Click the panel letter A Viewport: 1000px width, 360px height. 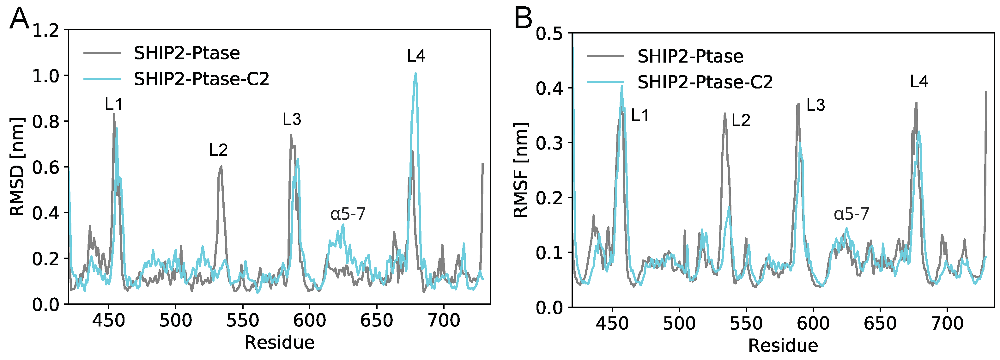tap(19, 18)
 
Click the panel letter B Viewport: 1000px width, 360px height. tap(523, 18)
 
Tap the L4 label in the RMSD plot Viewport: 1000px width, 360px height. tap(416, 56)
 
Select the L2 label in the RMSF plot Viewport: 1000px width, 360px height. tap(741, 121)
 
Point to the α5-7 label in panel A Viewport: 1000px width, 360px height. tap(348, 214)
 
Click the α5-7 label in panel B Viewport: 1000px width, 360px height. tap(851, 214)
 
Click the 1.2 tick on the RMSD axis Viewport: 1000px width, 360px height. tap(45, 31)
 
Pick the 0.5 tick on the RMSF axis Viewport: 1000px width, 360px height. tap(549, 34)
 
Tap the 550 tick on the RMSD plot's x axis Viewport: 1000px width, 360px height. tap(243, 321)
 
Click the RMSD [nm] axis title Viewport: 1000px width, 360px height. tap(17, 167)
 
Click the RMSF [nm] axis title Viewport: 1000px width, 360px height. tap(521, 170)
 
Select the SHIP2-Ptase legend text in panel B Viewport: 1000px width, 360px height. tap(690, 56)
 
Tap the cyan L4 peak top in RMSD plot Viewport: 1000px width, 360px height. tap(415, 73)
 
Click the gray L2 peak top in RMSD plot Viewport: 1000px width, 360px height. tap(221, 167)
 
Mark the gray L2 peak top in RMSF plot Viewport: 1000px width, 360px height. tap(724, 114)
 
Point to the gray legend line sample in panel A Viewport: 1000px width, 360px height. tap(102, 53)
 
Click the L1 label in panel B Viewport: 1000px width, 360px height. tap(640, 115)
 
